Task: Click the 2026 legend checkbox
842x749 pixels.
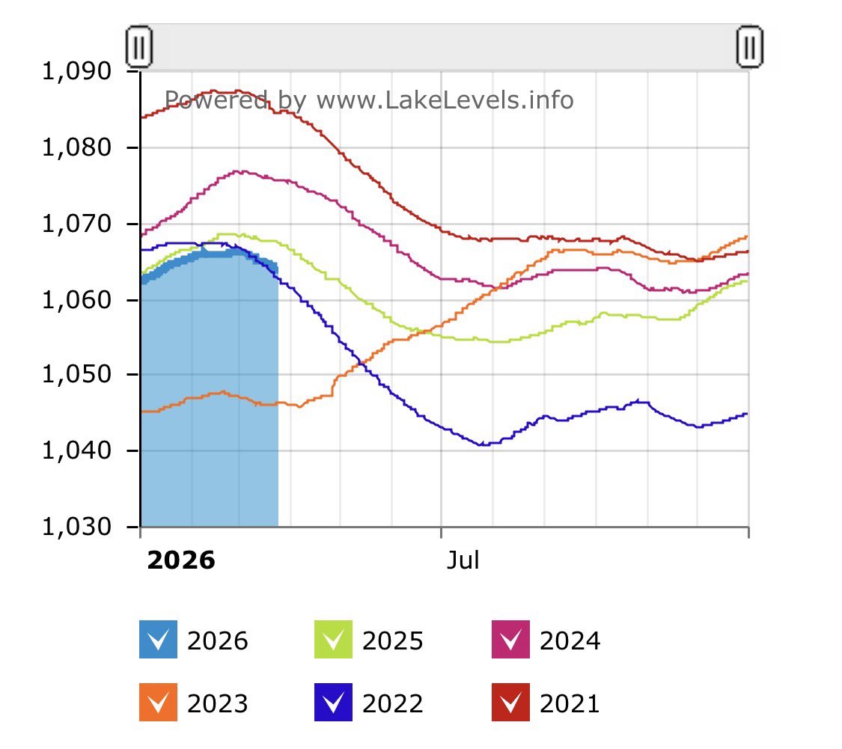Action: (x=158, y=640)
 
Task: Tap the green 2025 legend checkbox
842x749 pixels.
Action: (x=333, y=640)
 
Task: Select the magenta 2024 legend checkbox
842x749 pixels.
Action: (x=510, y=640)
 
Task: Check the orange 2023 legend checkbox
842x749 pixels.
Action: (x=158, y=703)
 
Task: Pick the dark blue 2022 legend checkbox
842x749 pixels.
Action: (x=333, y=703)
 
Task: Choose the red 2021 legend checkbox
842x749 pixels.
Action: (x=510, y=703)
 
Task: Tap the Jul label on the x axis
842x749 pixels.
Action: (x=463, y=560)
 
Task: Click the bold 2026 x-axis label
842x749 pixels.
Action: (x=181, y=560)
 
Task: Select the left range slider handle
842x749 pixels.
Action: (x=139, y=46)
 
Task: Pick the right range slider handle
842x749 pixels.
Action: (x=749, y=46)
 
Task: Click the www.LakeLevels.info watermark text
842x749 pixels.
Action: (x=445, y=100)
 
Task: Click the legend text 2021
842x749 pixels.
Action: (x=570, y=703)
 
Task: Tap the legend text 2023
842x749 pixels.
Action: (x=217, y=703)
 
